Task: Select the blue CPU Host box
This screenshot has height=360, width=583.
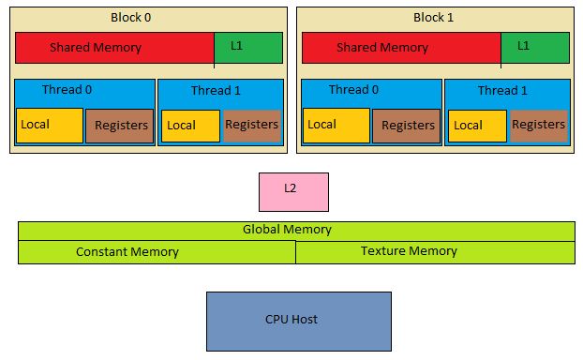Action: pos(298,321)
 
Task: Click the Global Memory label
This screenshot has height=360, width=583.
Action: pos(287,230)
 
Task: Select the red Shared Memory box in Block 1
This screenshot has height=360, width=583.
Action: pos(401,48)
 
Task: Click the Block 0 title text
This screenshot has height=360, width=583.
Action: pos(130,18)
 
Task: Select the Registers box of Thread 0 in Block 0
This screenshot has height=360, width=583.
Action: pos(120,126)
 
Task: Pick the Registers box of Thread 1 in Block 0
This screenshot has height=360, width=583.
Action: pos(251,126)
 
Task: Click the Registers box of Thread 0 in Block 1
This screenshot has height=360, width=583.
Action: pos(407,126)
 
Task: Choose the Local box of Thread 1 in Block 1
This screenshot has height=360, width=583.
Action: pos(477,126)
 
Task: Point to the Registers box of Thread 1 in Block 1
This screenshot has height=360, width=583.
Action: pos(538,126)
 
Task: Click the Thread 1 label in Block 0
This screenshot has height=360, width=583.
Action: pos(216,91)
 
